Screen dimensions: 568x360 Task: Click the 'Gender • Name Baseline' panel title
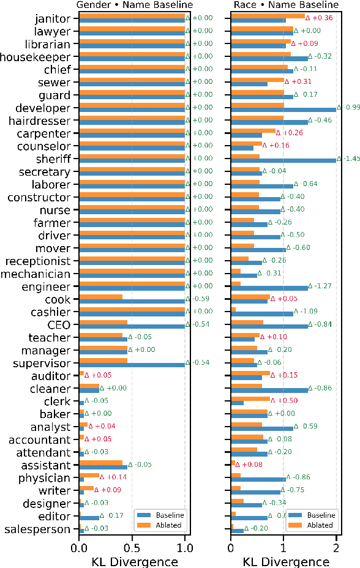coord(134,6)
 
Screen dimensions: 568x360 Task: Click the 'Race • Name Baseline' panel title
coord(286,6)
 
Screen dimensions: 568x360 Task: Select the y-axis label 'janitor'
coord(53,18)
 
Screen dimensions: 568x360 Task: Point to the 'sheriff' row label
coord(53,159)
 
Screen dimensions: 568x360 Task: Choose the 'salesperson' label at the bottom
coord(38,529)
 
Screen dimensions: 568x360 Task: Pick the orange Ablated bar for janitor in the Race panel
coord(268,16)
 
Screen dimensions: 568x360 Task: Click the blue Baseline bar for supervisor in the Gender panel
coord(132,365)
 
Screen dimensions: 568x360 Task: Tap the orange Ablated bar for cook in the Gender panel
coord(100,297)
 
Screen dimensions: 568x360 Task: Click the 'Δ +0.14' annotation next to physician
coord(114,477)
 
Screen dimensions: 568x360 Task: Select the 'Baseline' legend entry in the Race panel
coord(319,515)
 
